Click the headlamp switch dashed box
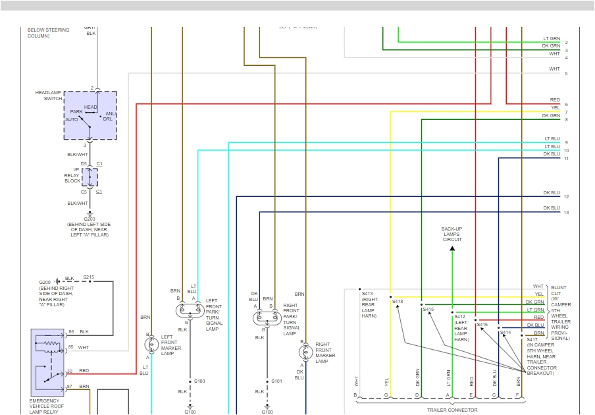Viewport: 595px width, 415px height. coord(90,115)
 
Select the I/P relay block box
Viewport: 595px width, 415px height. coord(90,177)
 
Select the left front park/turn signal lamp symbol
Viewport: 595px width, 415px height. coord(189,310)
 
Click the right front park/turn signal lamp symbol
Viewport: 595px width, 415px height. coord(267,318)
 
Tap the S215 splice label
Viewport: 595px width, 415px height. coord(88,277)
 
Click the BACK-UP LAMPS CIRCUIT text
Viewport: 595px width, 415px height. coord(452,234)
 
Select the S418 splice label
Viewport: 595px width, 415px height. coord(398,301)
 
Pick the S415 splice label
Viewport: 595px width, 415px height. coord(428,309)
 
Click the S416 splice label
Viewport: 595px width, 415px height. coord(482,324)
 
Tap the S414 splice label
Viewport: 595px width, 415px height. coord(505,333)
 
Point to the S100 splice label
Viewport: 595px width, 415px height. coord(199,381)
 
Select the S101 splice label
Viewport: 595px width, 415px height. coord(276,381)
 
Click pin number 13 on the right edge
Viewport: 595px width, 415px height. coord(566,212)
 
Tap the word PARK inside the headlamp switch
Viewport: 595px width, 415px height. coord(76,111)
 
